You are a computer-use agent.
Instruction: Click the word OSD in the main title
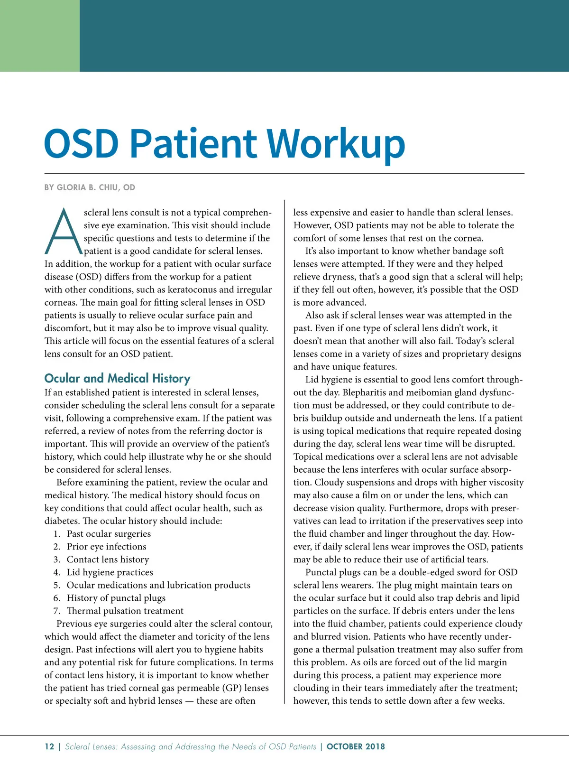click(x=82, y=144)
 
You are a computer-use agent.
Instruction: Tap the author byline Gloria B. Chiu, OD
click(x=90, y=187)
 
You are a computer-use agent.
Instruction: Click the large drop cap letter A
click(x=63, y=232)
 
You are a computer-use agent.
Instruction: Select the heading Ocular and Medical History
click(x=117, y=378)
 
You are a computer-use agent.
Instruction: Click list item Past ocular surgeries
click(x=109, y=533)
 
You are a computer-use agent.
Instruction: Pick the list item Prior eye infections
click(x=106, y=546)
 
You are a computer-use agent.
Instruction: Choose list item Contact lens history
click(x=108, y=560)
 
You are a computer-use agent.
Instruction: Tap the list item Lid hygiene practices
click(x=110, y=572)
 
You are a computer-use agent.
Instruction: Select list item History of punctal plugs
click(x=116, y=598)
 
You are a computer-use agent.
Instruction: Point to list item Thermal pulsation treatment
click(x=125, y=611)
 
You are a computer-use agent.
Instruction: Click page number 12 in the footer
click(x=49, y=746)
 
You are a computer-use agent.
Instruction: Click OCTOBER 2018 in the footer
click(x=356, y=746)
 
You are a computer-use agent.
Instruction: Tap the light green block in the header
click(x=40, y=36)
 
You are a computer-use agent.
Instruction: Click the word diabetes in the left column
click(x=62, y=521)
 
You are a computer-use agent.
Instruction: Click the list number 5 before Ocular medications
click(x=57, y=585)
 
